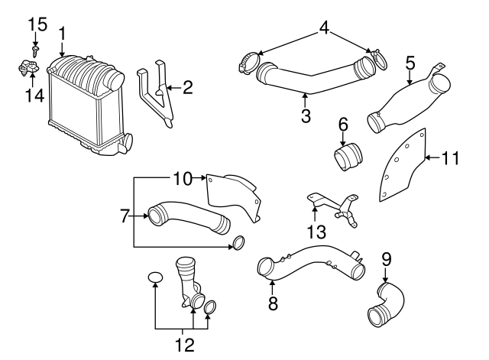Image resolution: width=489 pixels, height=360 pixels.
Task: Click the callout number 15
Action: click(37, 24)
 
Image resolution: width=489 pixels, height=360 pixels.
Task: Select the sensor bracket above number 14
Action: click(28, 67)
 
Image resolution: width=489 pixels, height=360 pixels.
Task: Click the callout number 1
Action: click(62, 34)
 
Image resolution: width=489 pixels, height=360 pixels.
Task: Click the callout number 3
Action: click(306, 115)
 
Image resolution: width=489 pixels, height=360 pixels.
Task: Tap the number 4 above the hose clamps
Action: click(324, 28)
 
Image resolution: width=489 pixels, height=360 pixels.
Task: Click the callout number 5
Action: click(410, 63)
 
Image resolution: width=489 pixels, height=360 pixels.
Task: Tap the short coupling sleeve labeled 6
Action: click(348, 156)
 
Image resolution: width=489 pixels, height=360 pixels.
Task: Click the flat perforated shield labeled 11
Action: click(403, 165)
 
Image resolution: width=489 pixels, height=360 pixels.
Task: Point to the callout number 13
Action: click(316, 232)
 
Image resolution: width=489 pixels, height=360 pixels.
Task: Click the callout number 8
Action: click(273, 303)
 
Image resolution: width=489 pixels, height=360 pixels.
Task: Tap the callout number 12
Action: click(185, 345)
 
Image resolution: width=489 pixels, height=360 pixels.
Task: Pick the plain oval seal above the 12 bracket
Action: click(155, 277)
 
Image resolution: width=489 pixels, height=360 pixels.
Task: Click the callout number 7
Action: click(125, 216)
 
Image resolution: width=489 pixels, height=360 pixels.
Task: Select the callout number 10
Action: click(183, 179)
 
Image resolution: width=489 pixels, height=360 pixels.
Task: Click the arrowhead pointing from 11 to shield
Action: click(428, 157)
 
